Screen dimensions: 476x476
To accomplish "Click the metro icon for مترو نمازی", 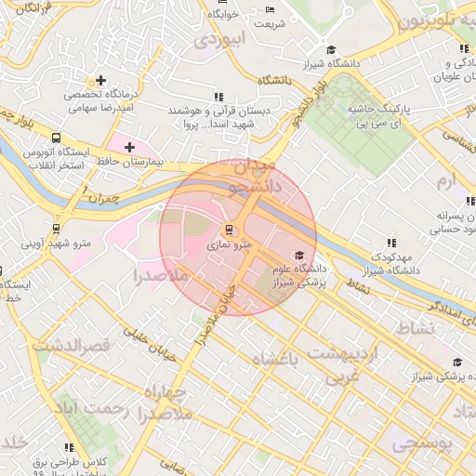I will [229, 230].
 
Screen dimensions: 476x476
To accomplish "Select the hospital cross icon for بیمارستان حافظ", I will [129, 147].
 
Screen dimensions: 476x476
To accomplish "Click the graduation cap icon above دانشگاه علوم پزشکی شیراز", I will [298, 256].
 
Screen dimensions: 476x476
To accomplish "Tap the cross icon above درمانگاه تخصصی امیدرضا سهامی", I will [100, 80].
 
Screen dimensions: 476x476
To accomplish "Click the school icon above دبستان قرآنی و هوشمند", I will [218, 96].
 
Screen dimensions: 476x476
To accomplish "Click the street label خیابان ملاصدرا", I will [216, 311].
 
